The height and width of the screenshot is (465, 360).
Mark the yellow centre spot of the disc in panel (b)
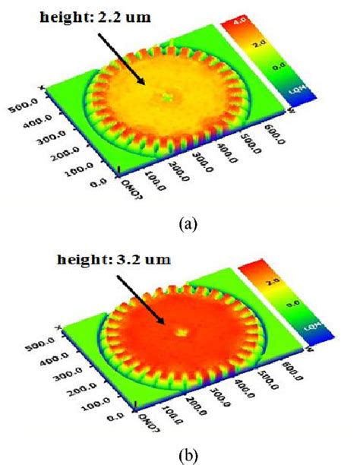182,331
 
